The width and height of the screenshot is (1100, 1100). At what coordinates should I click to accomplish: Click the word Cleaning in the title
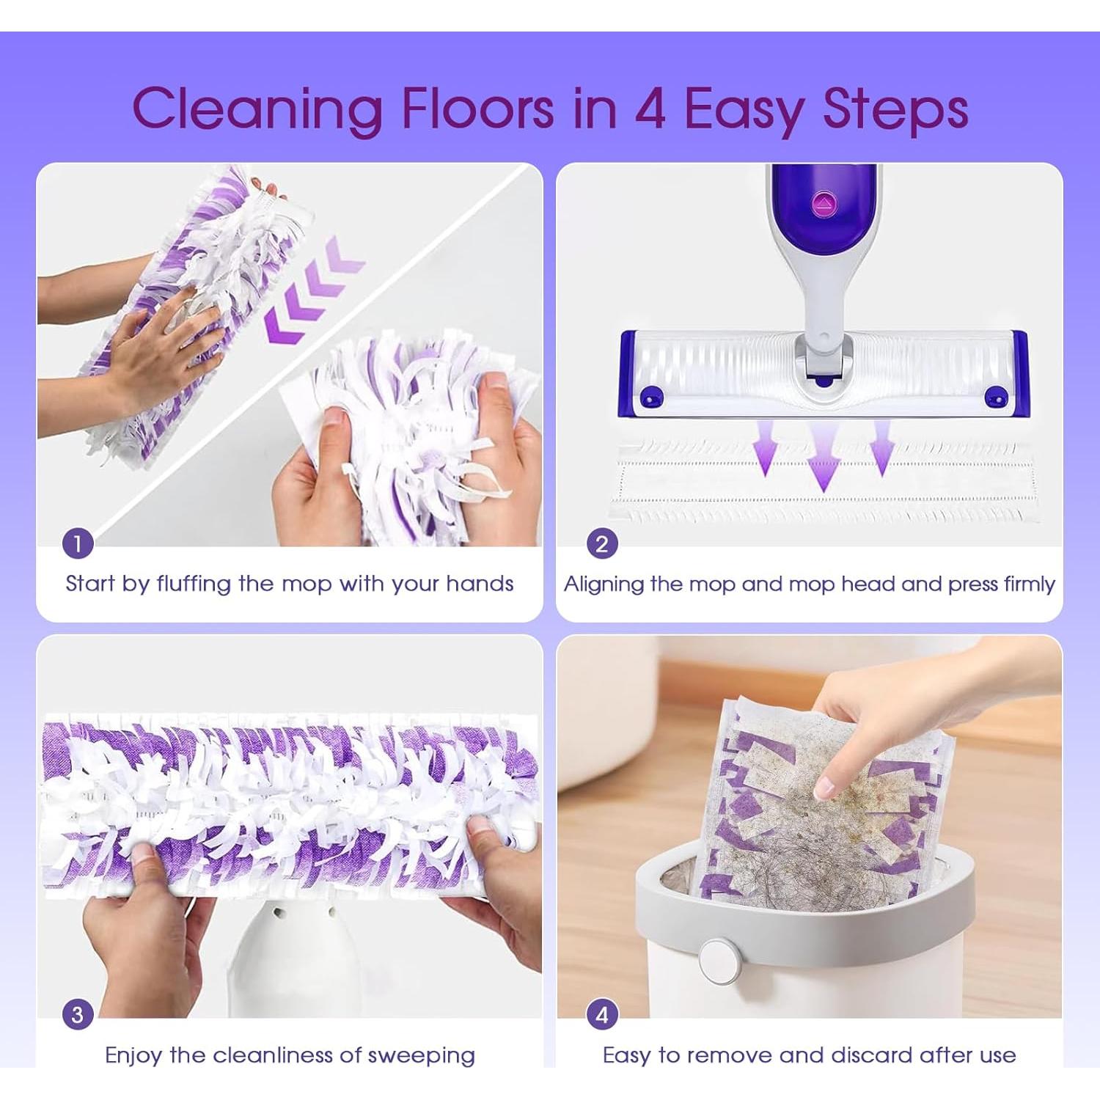(257, 109)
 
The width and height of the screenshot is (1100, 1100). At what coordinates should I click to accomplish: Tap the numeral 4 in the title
(650, 109)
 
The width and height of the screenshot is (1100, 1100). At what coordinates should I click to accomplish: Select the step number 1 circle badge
(78, 543)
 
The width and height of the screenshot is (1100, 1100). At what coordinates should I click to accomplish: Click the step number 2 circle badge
(601, 543)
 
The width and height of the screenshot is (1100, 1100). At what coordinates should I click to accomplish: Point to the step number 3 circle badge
(78, 1015)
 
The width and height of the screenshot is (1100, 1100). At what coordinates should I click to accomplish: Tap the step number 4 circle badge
(601, 1015)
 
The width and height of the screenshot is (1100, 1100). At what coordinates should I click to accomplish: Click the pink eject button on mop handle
(824, 204)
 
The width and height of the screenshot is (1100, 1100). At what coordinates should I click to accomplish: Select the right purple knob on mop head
(995, 397)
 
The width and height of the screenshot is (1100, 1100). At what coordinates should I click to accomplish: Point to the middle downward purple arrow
(824, 458)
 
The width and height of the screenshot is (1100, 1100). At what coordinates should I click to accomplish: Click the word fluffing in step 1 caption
(194, 584)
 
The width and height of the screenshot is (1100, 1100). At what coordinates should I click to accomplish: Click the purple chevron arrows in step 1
(312, 290)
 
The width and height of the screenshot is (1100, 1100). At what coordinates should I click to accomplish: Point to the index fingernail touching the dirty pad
(825, 788)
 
